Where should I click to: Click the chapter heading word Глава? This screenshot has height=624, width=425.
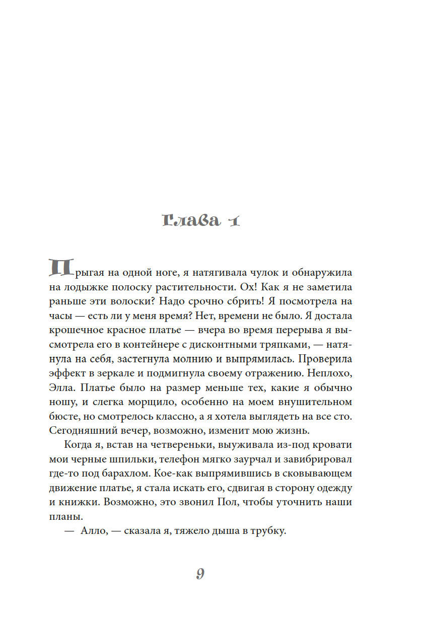(x=191, y=220)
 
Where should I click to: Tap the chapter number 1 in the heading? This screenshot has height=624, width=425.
(x=232, y=220)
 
